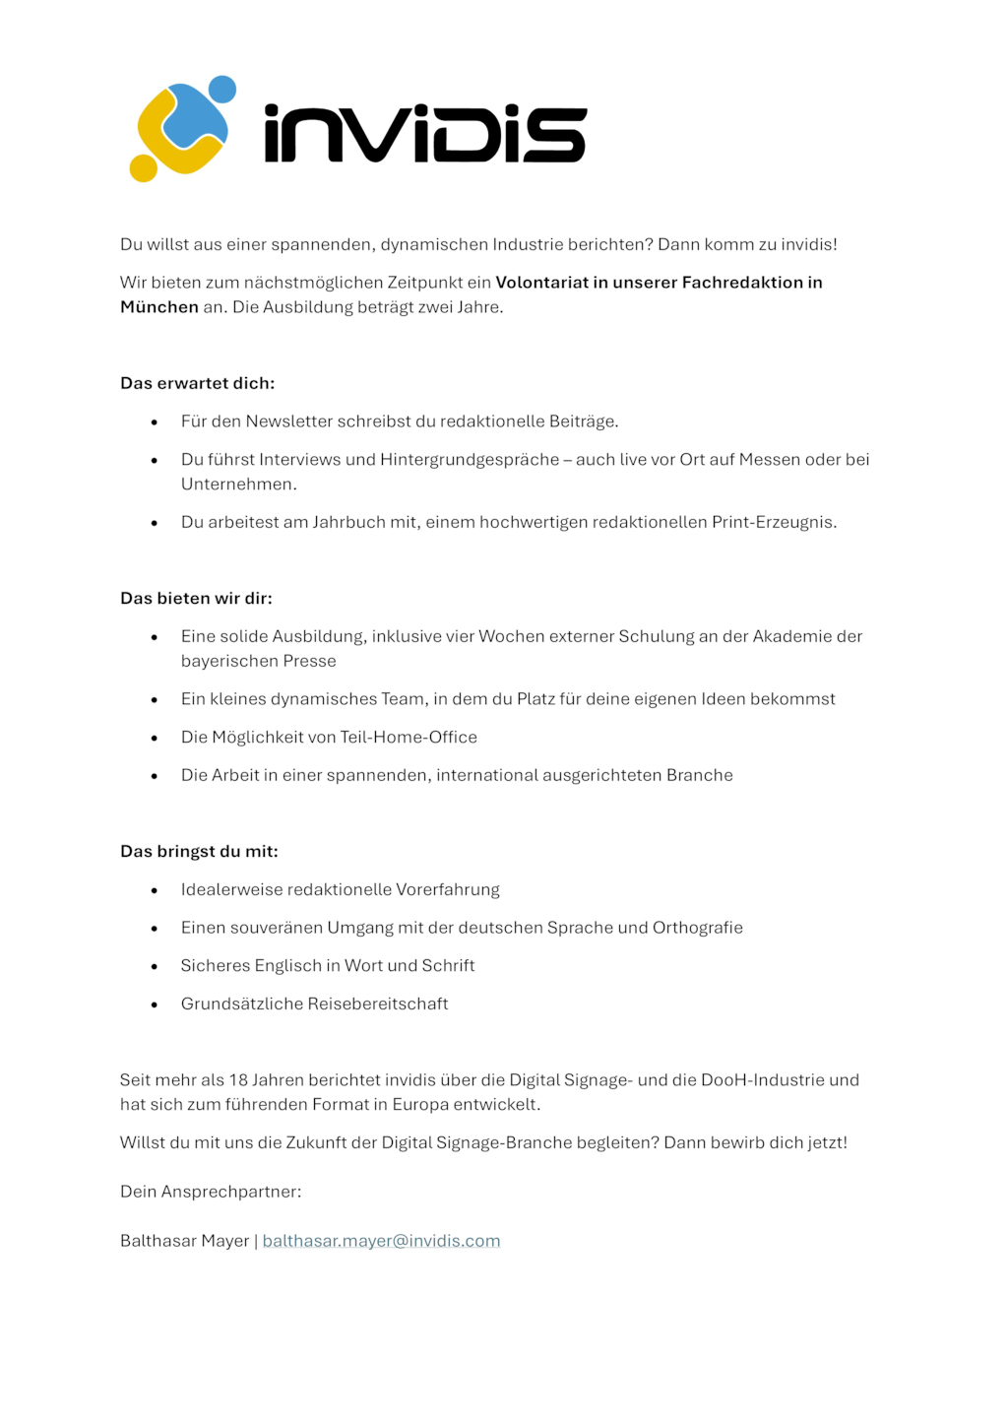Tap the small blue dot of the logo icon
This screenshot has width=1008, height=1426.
222,90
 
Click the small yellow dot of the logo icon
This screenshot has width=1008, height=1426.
144,168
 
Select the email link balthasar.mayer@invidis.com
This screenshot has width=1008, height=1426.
381,1241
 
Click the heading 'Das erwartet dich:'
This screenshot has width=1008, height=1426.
197,383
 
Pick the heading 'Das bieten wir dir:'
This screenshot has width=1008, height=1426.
196,598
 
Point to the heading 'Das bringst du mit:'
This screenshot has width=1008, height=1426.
199,851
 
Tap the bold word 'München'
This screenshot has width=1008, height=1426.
159,307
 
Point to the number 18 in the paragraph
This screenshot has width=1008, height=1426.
238,1080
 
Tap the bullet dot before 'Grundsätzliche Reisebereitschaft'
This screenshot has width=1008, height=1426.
155,1005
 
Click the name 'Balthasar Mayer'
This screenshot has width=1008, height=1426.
184,1241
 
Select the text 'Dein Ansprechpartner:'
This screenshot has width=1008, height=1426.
211,1192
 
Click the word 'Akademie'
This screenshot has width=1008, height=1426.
791,636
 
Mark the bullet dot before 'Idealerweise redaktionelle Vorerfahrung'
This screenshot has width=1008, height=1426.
155,891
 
